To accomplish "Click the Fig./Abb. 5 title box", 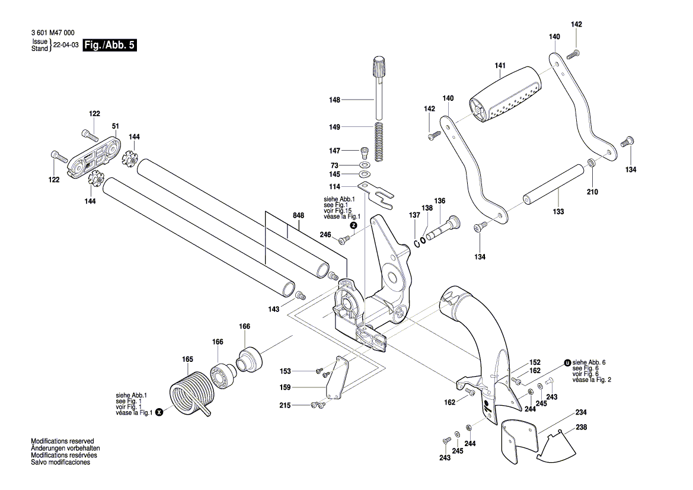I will click(110, 46).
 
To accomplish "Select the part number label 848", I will click(298, 217).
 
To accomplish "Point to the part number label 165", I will click(187, 359).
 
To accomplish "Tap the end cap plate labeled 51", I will click(94, 156).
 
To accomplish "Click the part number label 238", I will click(581, 427).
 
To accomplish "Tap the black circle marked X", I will click(159, 412).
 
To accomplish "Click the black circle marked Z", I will click(353, 225).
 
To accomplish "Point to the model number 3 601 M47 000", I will click(53, 34).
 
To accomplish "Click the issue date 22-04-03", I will click(66, 46).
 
